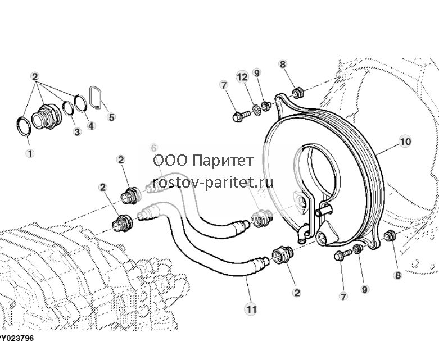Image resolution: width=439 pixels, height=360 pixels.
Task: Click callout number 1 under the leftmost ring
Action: [x=30, y=153]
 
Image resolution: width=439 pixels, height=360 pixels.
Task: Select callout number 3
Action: [x=77, y=132]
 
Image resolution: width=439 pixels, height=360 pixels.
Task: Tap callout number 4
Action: [x=91, y=126]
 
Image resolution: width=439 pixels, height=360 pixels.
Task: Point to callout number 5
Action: [x=111, y=117]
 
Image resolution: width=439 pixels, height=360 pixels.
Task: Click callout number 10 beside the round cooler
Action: [x=405, y=142]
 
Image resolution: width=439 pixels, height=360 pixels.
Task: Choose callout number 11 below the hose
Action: [x=251, y=309]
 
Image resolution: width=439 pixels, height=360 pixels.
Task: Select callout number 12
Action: [x=242, y=76]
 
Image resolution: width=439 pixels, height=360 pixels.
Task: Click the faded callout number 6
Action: [x=153, y=147]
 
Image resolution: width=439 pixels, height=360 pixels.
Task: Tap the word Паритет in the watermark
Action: [x=223, y=161]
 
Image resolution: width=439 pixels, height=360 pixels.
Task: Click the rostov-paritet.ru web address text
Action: [x=213, y=183]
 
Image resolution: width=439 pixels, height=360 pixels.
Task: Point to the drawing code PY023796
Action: [x=16, y=338]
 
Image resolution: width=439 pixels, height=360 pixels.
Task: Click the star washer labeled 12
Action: [x=256, y=110]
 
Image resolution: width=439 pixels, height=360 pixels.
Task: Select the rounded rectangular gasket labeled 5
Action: [x=95, y=97]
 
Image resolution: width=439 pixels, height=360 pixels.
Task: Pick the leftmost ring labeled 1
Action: [x=23, y=127]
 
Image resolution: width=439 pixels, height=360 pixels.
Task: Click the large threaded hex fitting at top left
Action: [x=47, y=117]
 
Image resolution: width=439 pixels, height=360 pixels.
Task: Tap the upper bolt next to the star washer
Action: [x=241, y=116]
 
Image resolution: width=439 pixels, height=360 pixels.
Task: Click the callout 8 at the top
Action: [x=283, y=64]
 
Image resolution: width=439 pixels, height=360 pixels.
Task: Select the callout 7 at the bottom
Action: [x=343, y=296]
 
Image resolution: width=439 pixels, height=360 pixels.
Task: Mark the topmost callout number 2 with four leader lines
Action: [x=35, y=76]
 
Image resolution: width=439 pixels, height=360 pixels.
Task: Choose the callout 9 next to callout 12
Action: [x=257, y=72]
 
